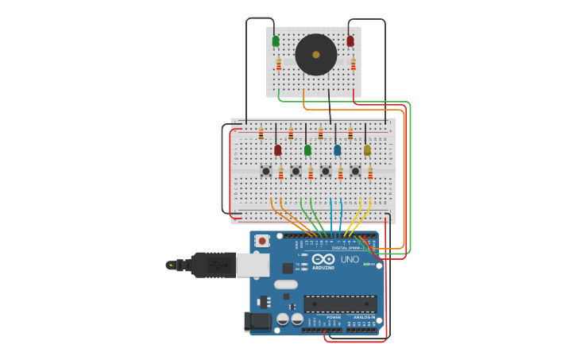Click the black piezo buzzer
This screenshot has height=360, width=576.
tap(316, 55)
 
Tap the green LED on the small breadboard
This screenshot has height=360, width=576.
tap(276, 41)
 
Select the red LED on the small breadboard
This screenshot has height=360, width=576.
tap(350, 41)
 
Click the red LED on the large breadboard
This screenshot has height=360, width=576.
tap(277, 149)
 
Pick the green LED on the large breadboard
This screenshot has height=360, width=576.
tap(307, 149)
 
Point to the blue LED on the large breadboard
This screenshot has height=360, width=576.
tap(338, 149)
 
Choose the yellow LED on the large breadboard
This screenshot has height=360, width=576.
tap(367, 149)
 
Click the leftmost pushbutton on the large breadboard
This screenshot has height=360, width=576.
tap(266, 171)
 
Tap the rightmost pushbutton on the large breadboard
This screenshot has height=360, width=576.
tap(355, 171)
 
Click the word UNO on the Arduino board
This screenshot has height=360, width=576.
tap(350, 260)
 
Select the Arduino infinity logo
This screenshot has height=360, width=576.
tap(323, 259)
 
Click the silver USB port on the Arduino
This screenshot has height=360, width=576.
tap(253, 265)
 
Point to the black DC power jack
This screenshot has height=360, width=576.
tap(257, 321)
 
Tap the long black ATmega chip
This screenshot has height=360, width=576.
tap(340, 304)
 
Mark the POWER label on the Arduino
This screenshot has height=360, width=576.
tap(334, 317)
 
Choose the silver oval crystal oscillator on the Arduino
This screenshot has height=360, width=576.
tap(286, 284)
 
